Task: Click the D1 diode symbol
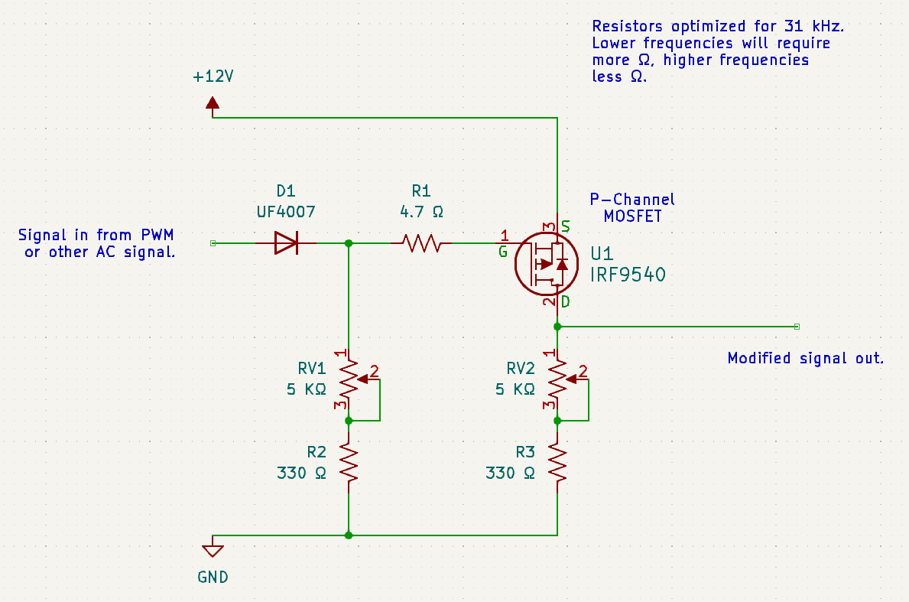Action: pyautogui.click(x=286, y=243)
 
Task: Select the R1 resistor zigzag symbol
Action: pyautogui.click(x=421, y=243)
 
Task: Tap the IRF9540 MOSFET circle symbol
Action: pyautogui.click(x=547, y=264)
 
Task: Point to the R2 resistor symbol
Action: pyautogui.click(x=349, y=462)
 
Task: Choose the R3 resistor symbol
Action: pyautogui.click(x=557, y=462)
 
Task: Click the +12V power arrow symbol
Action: pyautogui.click(x=213, y=104)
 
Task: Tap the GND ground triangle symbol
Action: pyautogui.click(x=213, y=551)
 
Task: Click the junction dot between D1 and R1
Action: pyautogui.click(x=349, y=243)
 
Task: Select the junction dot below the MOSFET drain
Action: pyautogui.click(x=557, y=327)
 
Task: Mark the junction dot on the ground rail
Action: pyautogui.click(x=349, y=535)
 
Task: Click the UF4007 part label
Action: pyautogui.click(x=286, y=212)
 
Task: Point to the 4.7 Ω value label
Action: pyautogui.click(x=421, y=212)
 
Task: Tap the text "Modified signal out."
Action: pyautogui.click(x=806, y=359)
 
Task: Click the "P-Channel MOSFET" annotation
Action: pyautogui.click(x=632, y=207)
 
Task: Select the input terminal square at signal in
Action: pyautogui.click(x=213, y=243)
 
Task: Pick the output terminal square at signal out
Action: pyautogui.click(x=797, y=327)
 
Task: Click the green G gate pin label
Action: pyautogui.click(x=502, y=252)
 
